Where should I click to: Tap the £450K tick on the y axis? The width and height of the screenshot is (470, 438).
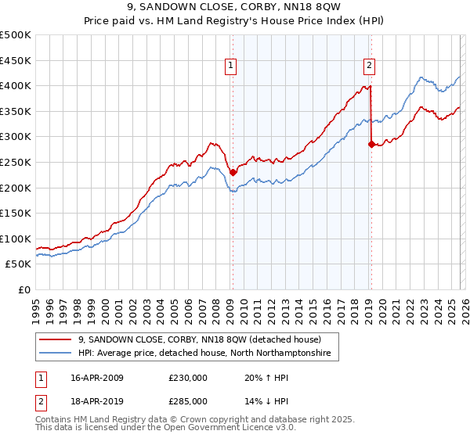tap(15, 60)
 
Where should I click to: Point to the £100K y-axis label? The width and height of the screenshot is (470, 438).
tap(15, 239)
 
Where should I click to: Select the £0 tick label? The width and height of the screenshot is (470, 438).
tap(23, 289)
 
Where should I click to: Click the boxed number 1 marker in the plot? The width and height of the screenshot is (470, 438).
tap(232, 67)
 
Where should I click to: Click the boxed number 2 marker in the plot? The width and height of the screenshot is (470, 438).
tap(369, 67)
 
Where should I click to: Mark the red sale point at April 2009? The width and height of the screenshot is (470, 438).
tap(233, 172)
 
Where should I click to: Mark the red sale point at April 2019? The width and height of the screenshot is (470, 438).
tap(371, 144)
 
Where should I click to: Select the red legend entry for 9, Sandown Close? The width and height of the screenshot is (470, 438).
tap(200, 339)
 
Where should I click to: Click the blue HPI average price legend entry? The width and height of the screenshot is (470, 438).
tap(204, 354)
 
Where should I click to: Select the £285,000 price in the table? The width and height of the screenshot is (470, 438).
tap(188, 400)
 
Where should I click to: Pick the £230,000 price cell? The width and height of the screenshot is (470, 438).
tap(188, 378)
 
